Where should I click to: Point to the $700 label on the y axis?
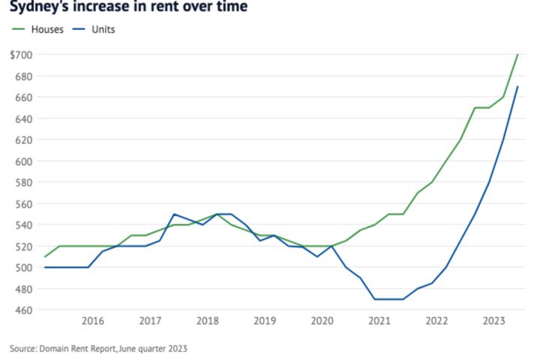pos(21,55)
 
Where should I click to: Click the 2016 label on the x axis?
pos(92,321)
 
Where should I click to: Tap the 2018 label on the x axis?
pos(207,321)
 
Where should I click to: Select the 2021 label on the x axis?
pos(379,321)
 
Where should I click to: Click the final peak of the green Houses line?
pos(517,55)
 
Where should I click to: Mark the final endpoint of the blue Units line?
pos(517,87)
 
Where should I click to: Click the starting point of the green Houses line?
pos(45,256)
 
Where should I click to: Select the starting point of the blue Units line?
pos(45,267)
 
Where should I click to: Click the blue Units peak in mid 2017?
pos(174,214)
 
